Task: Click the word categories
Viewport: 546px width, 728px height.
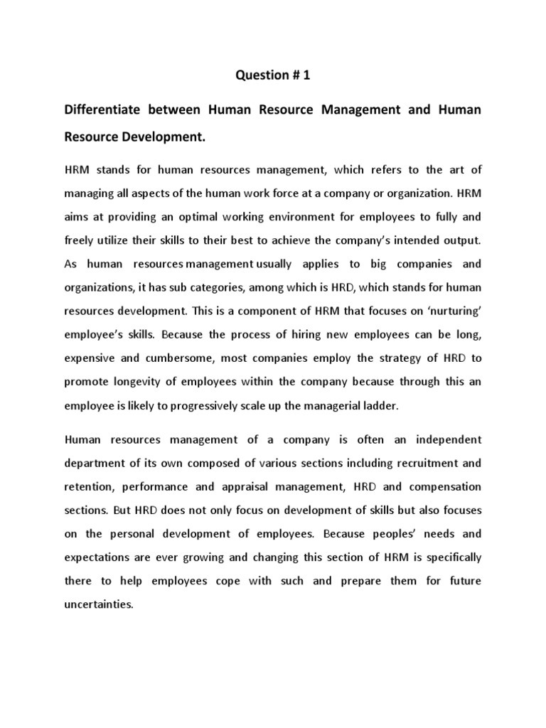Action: (x=225, y=288)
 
